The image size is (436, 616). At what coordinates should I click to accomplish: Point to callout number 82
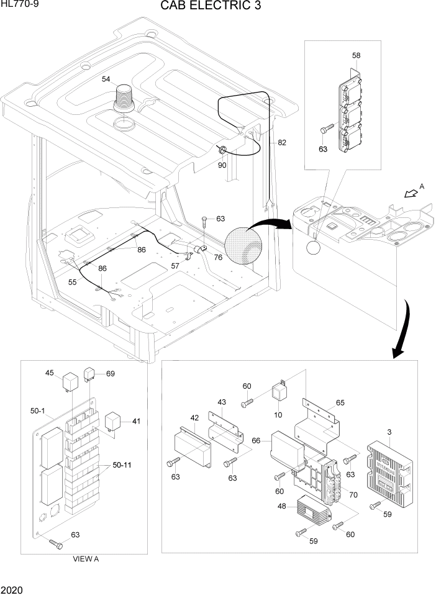282,142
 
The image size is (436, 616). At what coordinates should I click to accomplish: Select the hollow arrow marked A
409,193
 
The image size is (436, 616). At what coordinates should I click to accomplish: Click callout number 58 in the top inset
356,55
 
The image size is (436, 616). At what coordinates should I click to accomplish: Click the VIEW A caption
86,558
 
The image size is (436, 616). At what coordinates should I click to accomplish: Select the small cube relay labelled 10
279,391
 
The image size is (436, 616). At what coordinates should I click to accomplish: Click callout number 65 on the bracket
340,402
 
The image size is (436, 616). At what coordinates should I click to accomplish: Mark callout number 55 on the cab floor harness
73,281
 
